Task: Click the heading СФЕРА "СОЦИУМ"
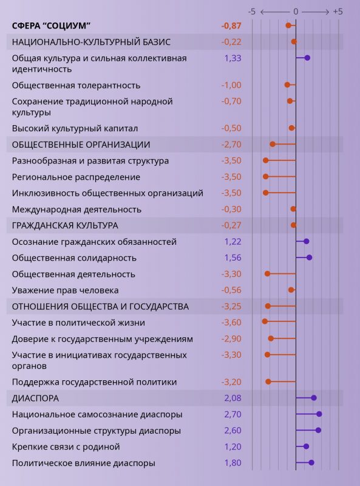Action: [52, 26]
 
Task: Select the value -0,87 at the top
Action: [231, 26]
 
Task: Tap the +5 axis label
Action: [338, 12]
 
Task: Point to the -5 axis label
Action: [252, 12]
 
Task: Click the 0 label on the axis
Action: [296, 12]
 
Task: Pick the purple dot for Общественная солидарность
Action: [309, 258]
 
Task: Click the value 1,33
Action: [233, 58]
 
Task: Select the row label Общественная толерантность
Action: [76, 85]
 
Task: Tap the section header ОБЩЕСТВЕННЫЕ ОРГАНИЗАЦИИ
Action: [81, 145]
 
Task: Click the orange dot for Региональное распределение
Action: [265, 177]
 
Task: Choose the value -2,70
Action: [231, 145]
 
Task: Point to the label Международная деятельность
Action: [76, 210]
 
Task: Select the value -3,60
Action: [231, 322]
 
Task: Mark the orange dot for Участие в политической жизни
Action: [265, 321]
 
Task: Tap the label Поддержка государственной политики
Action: [94, 382]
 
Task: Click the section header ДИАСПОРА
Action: [35, 398]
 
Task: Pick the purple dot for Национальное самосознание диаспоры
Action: [319, 414]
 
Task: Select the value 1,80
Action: [233, 463]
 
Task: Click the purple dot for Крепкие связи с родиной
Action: [306, 447]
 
